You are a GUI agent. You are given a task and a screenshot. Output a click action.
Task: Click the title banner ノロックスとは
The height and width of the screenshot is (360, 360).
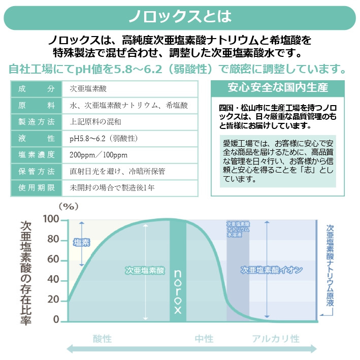(x=180, y=17)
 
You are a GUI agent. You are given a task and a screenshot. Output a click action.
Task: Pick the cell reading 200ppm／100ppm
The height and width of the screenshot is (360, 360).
(x=99, y=155)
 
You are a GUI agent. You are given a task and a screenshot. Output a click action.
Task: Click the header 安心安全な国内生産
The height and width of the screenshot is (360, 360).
(x=278, y=87)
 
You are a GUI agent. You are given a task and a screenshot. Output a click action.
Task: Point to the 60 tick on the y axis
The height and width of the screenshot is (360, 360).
(x=53, y=260)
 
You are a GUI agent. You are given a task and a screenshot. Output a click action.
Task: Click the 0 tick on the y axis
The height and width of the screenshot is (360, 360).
(x=56, y=320)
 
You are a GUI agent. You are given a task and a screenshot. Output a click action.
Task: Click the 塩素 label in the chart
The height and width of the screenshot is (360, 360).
(x=82, y=243)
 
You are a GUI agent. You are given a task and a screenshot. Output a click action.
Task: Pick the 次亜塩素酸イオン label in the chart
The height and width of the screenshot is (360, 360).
(x=272, y=271)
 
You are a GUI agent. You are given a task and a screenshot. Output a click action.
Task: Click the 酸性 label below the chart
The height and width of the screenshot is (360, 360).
(x=102, y=339)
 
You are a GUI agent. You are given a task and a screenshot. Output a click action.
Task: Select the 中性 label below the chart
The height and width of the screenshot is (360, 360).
(x=204, y=339)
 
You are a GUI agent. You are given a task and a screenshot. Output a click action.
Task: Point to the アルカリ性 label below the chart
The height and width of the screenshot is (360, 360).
(x=275, y=339)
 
